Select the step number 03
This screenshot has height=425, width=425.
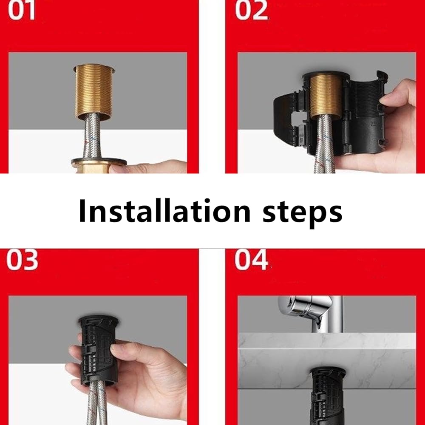[x=22, y=260]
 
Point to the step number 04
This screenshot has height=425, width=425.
[x=252, y=260]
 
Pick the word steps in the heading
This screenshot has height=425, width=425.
[x=303, y=213]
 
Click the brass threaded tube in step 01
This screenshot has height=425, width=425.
[x=94, y=92]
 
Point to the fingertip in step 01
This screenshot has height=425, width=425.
[x=119, y=168]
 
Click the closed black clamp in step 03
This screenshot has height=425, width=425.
[x=99, y=350]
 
